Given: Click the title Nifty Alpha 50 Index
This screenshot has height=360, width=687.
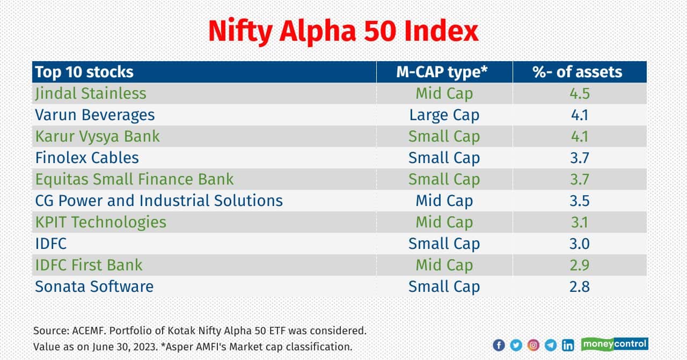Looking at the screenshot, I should (343, 31).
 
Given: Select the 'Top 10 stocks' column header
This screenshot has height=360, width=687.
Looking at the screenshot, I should (84, 72).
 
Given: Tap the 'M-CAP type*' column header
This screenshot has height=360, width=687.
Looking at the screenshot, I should (444, 72).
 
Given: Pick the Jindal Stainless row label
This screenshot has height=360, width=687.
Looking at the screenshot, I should (90, 93).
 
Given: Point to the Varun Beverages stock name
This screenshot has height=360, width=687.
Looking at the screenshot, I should (94, 115).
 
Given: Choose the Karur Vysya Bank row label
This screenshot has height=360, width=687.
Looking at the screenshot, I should (97, 136).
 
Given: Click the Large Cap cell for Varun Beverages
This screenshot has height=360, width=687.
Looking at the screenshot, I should (444, 115).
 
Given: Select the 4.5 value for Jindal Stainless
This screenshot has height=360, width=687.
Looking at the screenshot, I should (579, 93).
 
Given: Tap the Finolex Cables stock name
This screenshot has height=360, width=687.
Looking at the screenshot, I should (87, 158).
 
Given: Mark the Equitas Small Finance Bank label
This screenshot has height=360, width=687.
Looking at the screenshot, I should (134, 179).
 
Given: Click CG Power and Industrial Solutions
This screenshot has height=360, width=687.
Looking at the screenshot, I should (158, 201).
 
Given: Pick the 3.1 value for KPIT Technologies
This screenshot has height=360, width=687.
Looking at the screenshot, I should (579, 222).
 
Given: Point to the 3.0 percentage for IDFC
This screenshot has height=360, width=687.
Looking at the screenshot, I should (579, 244).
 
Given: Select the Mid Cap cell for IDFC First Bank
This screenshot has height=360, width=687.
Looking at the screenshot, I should (444, 265).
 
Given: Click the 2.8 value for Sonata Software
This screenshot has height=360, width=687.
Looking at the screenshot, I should (579, 286).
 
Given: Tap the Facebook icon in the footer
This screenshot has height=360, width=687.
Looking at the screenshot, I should (499, 345).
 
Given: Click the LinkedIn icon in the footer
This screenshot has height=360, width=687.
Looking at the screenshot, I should (568, 345).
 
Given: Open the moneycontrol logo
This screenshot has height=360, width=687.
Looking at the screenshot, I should (615, 344).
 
